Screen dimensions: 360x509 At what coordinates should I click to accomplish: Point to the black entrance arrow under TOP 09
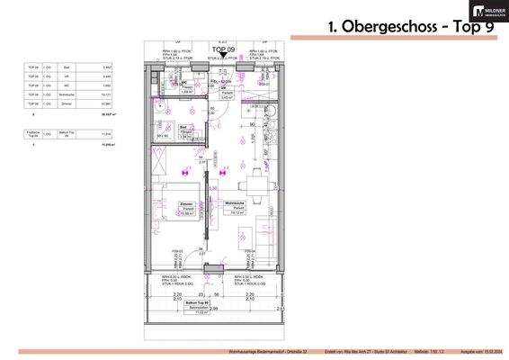pos(223,56)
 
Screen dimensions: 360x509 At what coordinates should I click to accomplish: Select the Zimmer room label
pos(187,205)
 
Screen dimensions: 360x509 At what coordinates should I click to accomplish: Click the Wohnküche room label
pos(238,205)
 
